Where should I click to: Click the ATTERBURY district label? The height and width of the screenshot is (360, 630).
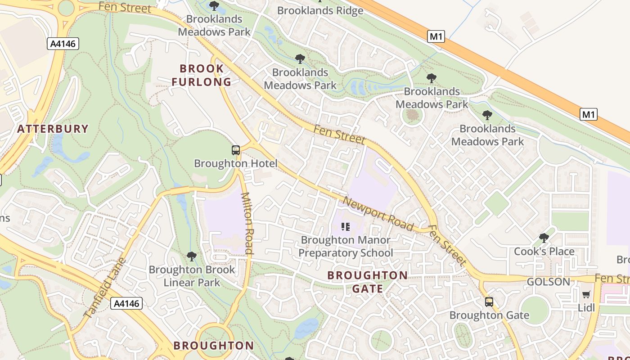(53, 129)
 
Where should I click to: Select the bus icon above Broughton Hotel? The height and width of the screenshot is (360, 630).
(236, 150)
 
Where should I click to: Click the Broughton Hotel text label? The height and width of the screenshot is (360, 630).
(236, 163)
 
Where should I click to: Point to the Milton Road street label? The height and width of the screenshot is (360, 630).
(248, 223)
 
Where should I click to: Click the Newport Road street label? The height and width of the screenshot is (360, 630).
(378, 214)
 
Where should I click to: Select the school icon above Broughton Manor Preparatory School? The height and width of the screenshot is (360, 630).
(346, 227)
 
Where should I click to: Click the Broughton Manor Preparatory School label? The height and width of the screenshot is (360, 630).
(346, 246)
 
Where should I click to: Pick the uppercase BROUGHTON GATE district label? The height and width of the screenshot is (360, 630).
(368, 282)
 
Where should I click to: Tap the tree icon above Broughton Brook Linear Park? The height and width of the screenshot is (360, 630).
(192, 256)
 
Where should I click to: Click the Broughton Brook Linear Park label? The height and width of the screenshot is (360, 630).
(192, 276)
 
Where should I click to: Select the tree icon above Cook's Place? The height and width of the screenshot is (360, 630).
(544, 238)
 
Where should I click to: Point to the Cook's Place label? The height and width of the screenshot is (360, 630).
(544, 251)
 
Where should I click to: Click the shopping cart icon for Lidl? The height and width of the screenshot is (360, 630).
(586, 295)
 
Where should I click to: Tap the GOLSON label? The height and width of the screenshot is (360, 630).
(548, 282)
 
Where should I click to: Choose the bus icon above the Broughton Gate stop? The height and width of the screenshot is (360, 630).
(489, 302)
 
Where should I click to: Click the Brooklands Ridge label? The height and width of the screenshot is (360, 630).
(320, 10)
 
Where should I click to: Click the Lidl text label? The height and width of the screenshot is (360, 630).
(586, 308)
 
